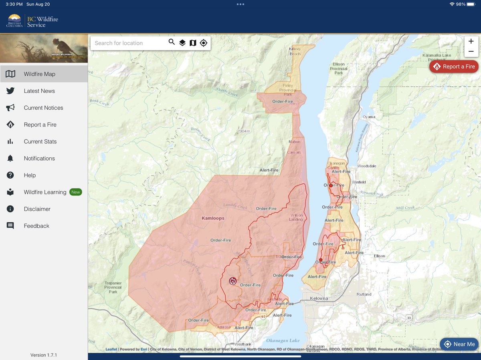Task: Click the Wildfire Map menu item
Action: point(39,74)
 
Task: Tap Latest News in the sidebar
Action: point(39,91)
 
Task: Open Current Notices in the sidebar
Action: point(43,108)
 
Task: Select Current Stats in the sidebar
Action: point(40,141)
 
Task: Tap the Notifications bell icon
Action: point(10,159)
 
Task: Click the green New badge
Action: point(76,192)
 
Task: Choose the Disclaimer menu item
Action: point(37,209)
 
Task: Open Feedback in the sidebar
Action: point(36,226)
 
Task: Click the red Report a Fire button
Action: point(454,66)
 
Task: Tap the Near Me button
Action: point(459,344)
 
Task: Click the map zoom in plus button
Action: point(471,41)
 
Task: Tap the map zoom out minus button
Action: point(471,52)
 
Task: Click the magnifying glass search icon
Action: point(172,42)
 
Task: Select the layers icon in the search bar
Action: point(182,43)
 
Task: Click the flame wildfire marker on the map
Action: point(232,281)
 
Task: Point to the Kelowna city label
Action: point(319,298)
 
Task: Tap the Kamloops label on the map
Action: point(213,218)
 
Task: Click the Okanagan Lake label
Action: point(283,341)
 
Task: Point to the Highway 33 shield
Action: point(409,318)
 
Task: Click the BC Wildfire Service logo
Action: point(32,21)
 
